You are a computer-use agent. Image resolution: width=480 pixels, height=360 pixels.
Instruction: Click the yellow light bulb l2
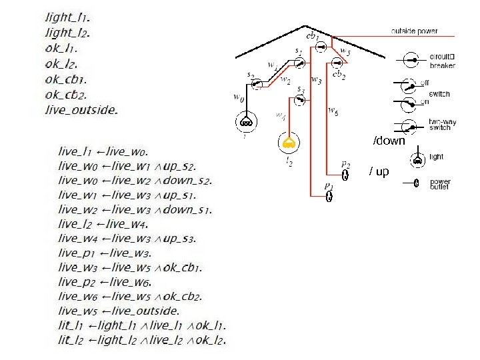click(x=288, y=142)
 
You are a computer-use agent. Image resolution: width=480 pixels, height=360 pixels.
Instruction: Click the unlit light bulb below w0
click(x=245, y=122)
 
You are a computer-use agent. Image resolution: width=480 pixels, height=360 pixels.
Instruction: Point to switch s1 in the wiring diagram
click(x=300, y=62)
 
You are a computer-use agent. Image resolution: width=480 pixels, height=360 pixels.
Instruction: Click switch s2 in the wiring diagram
click(x=257, y=84)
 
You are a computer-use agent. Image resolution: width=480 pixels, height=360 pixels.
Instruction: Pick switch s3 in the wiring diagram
click(x=300, y=99)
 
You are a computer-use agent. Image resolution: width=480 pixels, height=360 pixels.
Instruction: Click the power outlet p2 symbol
click(x=345, y=175)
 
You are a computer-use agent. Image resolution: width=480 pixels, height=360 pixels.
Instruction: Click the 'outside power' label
click(x=414, y=31)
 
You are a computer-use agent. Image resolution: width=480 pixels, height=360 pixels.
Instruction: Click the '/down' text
click(x=389, y=141)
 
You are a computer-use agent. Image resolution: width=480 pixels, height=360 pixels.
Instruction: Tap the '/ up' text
click(x=379, y=171)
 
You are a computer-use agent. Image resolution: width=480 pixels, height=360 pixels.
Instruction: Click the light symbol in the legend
click(x=417, y=158)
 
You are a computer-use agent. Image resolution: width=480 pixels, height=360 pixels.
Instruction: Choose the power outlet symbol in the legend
click(x=415, y=183)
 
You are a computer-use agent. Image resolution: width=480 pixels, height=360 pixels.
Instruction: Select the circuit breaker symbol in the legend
click(x=413, y=60)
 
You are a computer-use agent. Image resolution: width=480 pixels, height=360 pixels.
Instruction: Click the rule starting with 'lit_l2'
click(x=142, y=341)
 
